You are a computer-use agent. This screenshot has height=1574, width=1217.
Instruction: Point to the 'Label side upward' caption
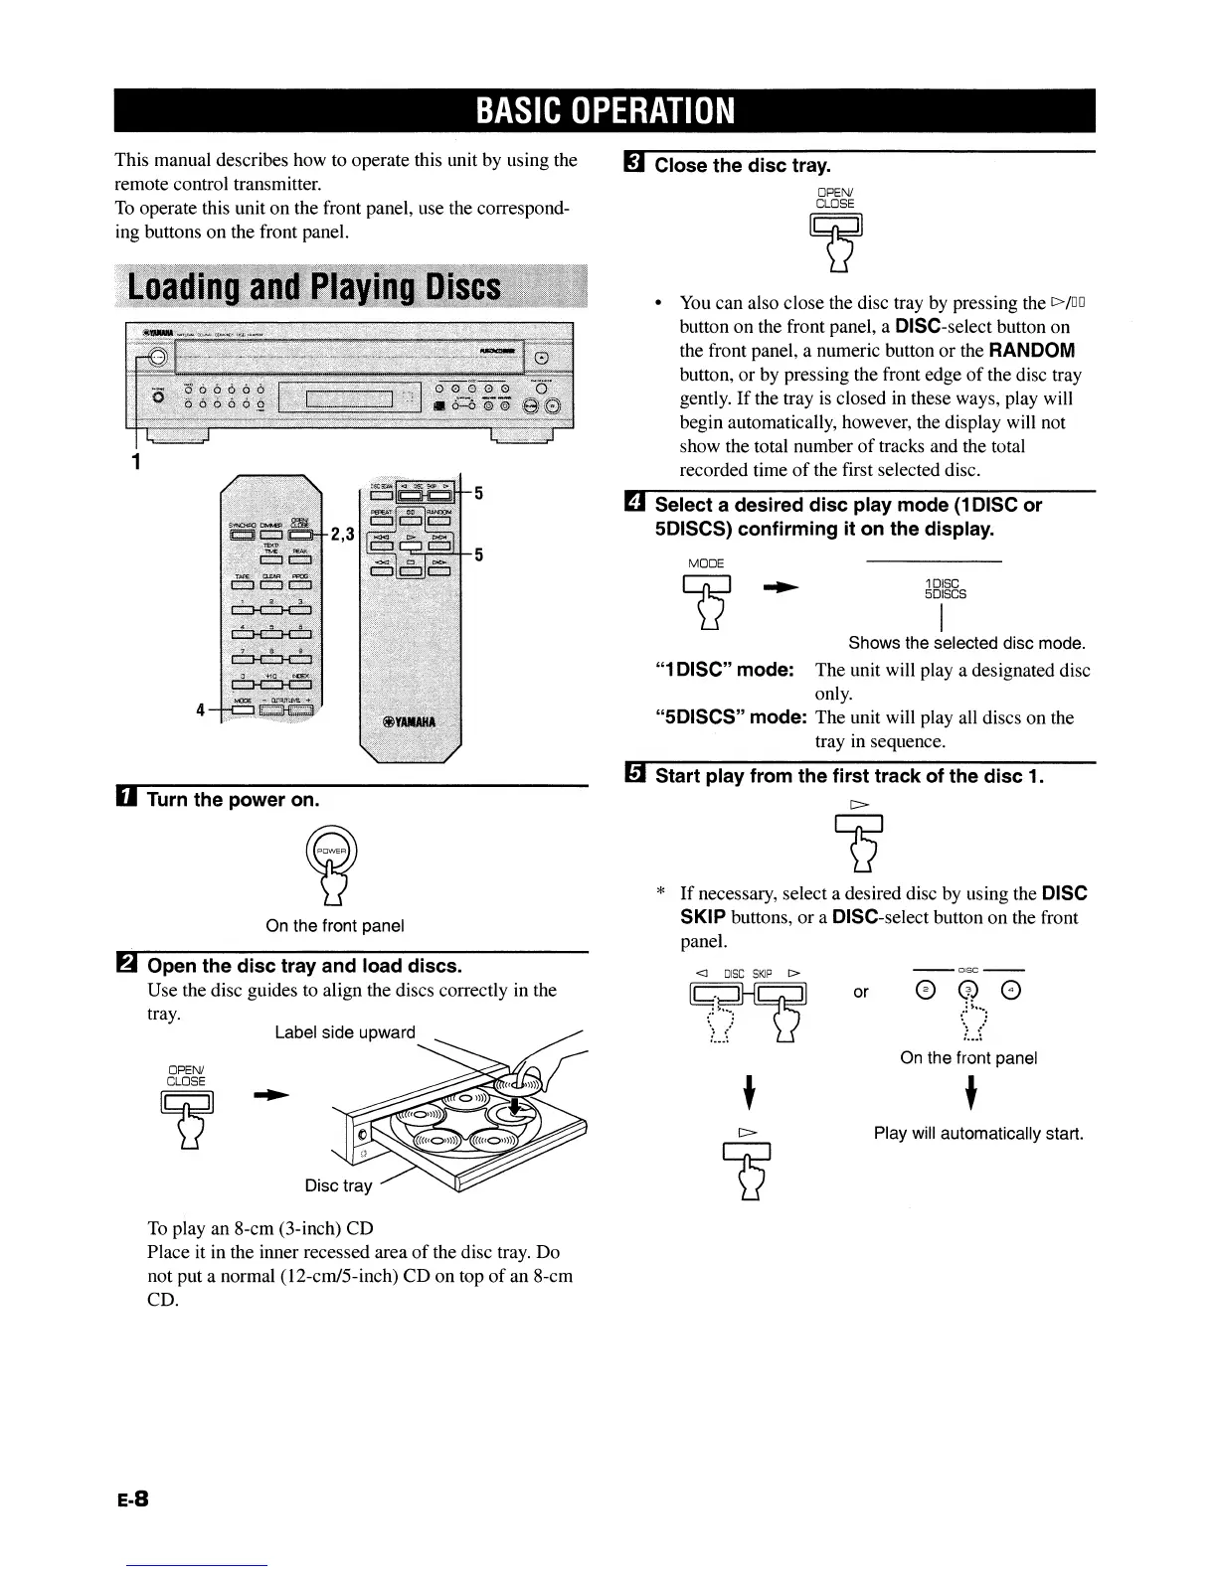pos(344,1032)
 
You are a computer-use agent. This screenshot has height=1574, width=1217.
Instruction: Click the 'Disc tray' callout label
pos(338,1185)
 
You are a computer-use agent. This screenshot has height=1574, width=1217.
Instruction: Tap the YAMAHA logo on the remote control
pos(407,721)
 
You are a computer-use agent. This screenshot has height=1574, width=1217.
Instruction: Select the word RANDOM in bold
pos(1031,351)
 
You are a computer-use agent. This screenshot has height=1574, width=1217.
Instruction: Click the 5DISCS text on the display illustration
pos(945,594)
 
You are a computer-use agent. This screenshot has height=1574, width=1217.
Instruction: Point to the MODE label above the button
pos(706,564)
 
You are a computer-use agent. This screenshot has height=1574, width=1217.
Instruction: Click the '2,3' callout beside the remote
pos(343,535)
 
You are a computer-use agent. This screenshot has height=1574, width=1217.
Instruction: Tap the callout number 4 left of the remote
pos(201,709)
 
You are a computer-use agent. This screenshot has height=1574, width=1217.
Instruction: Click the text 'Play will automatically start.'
pos(977,1134)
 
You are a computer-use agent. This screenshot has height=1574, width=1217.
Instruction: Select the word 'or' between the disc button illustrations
pos(861,992)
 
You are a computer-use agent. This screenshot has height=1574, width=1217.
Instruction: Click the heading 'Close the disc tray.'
pos(743,165)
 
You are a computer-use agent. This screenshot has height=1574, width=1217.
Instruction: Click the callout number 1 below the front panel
pos(137,462)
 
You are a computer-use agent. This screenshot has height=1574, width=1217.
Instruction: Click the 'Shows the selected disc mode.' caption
pos(966,643)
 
